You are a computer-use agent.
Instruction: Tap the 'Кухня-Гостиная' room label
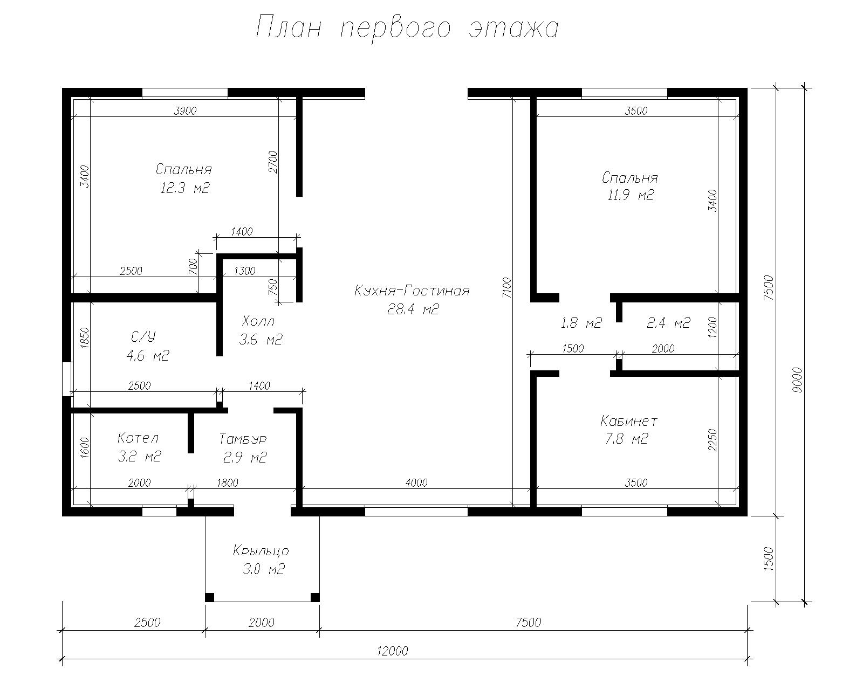pyautogui.click(x=412, y=290)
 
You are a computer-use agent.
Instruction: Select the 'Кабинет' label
pyautogui.click(x=629, y=421)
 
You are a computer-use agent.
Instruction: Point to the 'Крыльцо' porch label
pyautogui.click(x=261, y=551)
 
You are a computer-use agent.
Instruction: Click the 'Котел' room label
pyautogui.click(x=139, y=437)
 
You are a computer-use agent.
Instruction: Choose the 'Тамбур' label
pyautogui.click(x=243, y=439)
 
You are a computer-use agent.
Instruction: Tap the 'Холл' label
pyautogui.click(x=259, y=321)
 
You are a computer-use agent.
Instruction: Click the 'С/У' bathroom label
pyautogui.click(x=143, y=337)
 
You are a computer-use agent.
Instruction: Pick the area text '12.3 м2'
pyautogui.click(x=185, y=188)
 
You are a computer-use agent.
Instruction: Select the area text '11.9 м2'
pyautogui.click(x=631, y=195)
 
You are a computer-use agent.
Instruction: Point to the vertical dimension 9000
pyautogui.click(x=798, y=379)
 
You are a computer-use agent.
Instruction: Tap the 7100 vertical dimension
pyautogui.click(x=507, y=287)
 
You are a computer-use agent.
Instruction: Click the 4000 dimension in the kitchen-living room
pyautogui.click(x=416, y=482)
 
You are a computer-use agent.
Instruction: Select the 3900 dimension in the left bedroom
pyautogui.click(x=185, y=111)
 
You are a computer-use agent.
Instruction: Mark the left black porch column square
pyautogui.click(x=209, y=597)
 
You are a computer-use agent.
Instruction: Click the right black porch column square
pyautogui.click(x=315, y=597)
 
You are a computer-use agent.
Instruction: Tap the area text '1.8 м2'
pyautogui.click(x=581, y=323)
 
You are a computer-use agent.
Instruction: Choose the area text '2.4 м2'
pyautogui.click(x=668, y=323)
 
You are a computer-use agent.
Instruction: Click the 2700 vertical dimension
pyautogui.click(x=273, y=162)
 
